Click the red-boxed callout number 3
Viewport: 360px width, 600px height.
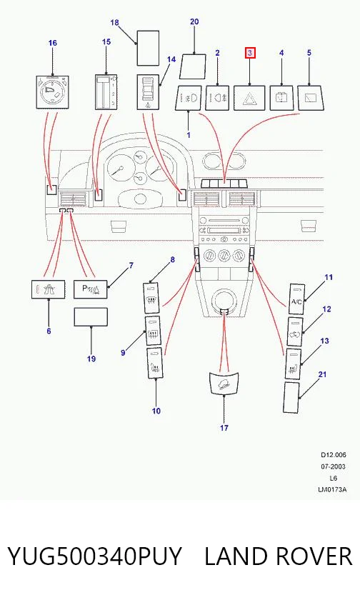[x=250, y=53]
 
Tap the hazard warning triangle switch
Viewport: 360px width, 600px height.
[x=250, y=98]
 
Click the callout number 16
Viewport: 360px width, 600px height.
[x=53, y=43]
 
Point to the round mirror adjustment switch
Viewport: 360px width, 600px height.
[x=52, y=92]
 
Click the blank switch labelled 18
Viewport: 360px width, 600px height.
[x=148, y=49]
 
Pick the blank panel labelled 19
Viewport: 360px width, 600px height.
[x=91, y=317]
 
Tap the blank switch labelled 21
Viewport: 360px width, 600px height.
[x=292, y=397]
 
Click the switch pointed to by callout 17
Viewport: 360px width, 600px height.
[x=224, y=382]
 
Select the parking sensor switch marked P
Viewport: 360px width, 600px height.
[x=91, y=289]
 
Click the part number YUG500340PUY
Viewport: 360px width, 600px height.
[x=94, y=556]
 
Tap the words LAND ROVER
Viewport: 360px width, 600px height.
[x=278, y=556]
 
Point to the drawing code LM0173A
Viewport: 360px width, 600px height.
[x=332, y=489]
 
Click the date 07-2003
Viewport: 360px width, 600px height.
[x=333, y=466]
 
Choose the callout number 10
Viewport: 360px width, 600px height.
[x=156, y=411]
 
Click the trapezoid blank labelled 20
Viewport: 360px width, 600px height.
[x=193, y=67]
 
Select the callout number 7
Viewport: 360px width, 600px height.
[x=131, y=265]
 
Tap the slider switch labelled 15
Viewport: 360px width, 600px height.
[x=106, y=92]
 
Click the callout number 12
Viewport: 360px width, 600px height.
[x=326, y=309]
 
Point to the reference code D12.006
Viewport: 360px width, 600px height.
[x=334, y=455]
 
